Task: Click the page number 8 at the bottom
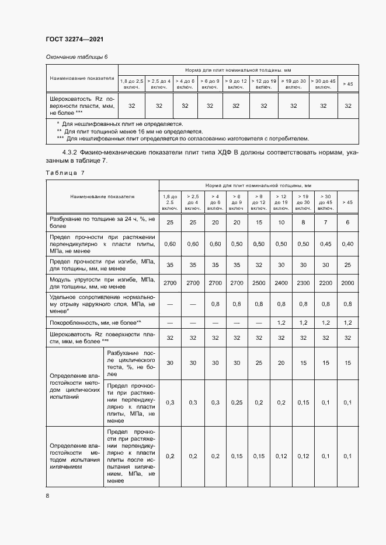pos(47,495)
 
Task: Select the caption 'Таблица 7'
pos(65,173)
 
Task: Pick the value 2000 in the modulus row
pos(348,283)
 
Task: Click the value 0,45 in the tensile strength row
pos(326,244)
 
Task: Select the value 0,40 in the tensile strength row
pos(348,244)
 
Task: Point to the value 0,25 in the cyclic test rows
pos(237,403)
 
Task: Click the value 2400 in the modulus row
pos(281,283)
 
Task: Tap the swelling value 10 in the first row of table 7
pos(281,222)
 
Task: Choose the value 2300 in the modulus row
pos(304,283)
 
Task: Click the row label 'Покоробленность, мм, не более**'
pos(95,322)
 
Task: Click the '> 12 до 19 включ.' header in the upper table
pos(264,83)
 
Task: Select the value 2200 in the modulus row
pos(326,283)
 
